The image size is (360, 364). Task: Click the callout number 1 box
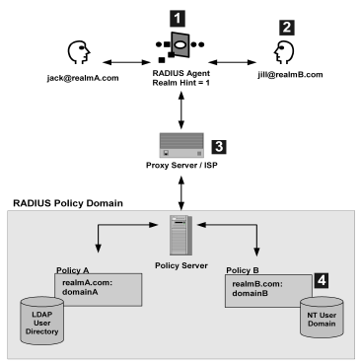click(177, 17)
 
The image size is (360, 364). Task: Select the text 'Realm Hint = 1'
click(178, 87)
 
